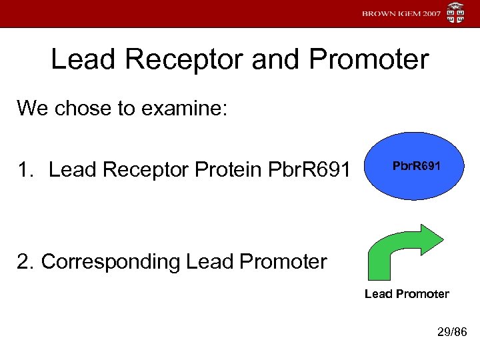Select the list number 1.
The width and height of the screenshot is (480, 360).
click(x=25, y=171)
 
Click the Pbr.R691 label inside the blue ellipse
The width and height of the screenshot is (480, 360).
click(x=417, y=165)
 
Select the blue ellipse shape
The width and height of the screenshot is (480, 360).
click(x=417, y=187)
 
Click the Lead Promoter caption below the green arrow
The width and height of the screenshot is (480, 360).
click(x=407, y=294)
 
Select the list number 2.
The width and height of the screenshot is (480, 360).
click(x=25, y=261)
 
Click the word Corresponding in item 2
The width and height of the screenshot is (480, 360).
click(x=110, y=261)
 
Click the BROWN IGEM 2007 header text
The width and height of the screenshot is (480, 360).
click(x=401, y=13)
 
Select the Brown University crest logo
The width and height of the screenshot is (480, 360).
click(x=456, y=13)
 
